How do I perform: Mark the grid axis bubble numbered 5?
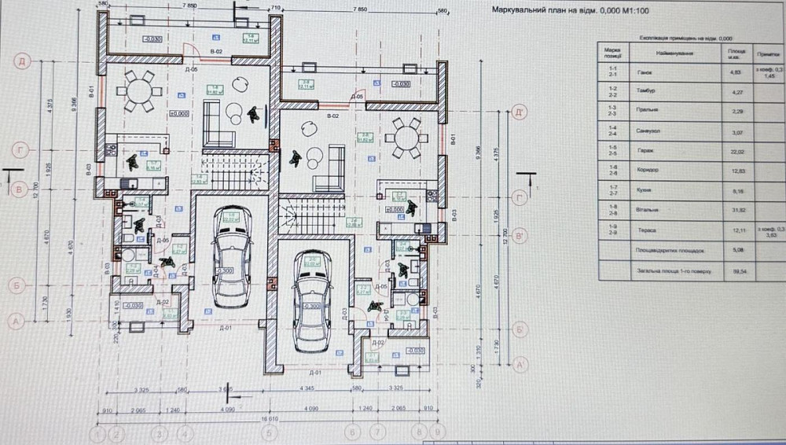pyautogui.click(x=270, y=434)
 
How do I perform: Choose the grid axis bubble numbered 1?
pyautogui.click(x=97, y=434)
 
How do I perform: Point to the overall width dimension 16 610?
pyautogui.click(x=270, y=419)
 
